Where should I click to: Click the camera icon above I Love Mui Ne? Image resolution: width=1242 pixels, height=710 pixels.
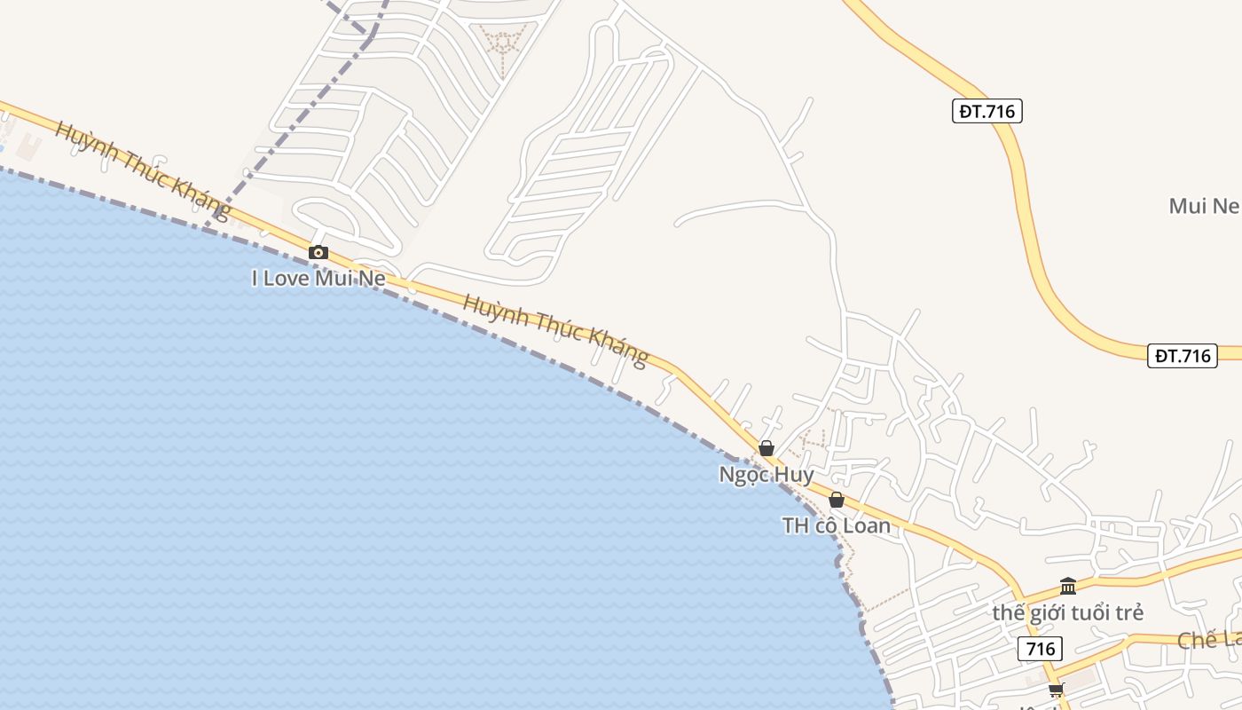click(318, 252)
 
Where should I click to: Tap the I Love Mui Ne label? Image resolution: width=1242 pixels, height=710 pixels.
click(318, 279)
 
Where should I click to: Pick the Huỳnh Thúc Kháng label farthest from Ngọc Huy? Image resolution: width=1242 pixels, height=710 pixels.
click(142, 170)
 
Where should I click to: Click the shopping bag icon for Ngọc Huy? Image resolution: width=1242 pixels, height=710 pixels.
click(766, 448)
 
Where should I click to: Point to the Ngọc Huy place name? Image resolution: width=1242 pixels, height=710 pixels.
click(766, 475)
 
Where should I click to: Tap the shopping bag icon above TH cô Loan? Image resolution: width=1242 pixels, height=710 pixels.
click(837, 500)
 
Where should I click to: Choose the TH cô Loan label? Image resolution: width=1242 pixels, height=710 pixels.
click(837, 526)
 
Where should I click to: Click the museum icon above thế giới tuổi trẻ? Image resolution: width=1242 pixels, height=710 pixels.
click(1068, 587)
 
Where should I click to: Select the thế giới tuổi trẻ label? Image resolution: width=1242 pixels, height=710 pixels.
click(1068, 613)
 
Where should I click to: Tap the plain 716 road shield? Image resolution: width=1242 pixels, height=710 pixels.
click(1041, 649)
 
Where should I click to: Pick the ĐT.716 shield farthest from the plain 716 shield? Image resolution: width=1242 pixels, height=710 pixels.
click(987, 111)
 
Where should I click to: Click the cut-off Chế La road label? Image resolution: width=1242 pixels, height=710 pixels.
click(1211, 640)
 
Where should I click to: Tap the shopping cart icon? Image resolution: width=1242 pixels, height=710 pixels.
click(1056, 690)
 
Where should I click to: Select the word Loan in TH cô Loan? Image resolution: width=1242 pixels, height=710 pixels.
click(865, 526)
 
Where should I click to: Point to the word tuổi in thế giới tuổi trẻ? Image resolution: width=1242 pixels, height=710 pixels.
click(1089, 613)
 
